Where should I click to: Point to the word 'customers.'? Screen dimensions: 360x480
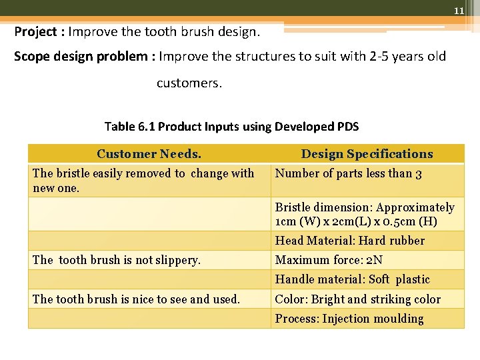coord(189,83)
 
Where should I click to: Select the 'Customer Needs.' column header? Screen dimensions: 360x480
coord(149,154)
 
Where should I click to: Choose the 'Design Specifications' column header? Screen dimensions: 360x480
coord(367,154)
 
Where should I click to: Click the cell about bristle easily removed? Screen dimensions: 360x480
coord(143,181)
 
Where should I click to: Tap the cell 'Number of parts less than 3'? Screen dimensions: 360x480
coord(348,174)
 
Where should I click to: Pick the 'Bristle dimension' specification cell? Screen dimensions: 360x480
coord(365,215)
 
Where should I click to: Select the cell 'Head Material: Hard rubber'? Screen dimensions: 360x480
coord(350,241)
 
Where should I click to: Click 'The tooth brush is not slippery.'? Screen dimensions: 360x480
coord(117,261)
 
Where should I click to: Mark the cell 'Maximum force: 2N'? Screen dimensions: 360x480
coord(329,261)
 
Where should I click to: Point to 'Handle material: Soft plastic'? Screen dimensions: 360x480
coord(353,280)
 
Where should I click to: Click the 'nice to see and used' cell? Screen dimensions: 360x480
coord(136,299)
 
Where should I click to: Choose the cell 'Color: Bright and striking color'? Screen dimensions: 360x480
coord(358,299)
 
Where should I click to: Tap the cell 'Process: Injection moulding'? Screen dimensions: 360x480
coord(349,319)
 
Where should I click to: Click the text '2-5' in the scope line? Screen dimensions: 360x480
coord(379,56)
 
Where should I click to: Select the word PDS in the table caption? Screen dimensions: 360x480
coord(347,127)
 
